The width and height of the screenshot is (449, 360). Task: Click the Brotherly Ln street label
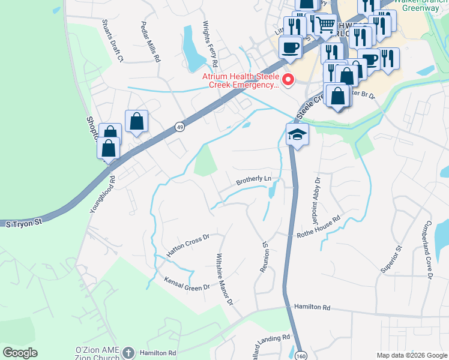254,179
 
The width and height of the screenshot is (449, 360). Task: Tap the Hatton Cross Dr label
187,245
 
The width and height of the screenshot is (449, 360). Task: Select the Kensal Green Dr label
187,283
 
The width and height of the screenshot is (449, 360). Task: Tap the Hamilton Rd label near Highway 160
312,307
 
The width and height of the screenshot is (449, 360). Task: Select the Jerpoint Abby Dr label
317,193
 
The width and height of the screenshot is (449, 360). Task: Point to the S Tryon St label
25,223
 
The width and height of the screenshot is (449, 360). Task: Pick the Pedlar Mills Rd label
151,42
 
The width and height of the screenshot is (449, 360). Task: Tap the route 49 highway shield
179,127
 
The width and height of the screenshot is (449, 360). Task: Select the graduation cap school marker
297,134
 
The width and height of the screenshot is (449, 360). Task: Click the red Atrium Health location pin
289,79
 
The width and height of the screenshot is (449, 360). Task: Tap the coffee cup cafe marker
291,47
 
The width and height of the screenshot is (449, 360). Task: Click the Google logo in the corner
20,353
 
